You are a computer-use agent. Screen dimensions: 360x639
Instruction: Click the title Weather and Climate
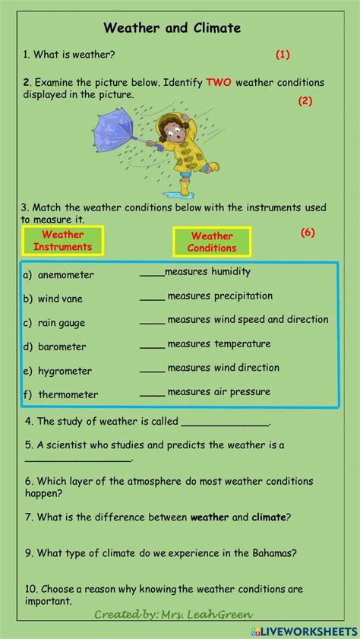click(172, 28)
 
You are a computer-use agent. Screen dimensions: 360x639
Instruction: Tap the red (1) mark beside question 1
click(283, 54)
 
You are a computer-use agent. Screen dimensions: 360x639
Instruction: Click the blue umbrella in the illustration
click(118, 134)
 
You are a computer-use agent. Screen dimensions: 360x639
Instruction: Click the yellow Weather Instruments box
click(63, 241)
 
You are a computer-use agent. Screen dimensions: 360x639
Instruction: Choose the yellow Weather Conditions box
click(212, 242)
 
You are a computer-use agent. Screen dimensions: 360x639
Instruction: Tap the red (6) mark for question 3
click(308, 233)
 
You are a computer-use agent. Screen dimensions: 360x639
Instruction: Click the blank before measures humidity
click(152, 274)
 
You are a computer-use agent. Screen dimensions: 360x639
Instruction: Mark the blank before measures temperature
click(152, 346)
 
